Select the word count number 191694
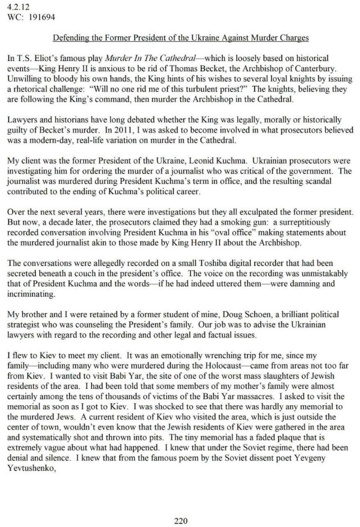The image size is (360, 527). (42, 17)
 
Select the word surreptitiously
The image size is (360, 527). (298, 223)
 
